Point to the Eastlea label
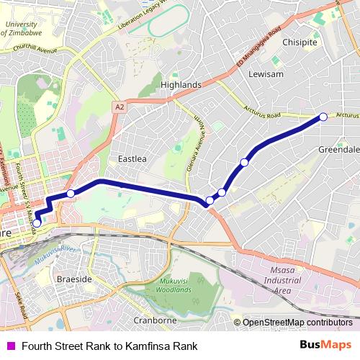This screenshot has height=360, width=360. [132, 158]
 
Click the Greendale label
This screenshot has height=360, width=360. [338, 149]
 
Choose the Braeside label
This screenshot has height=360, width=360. [73, 278]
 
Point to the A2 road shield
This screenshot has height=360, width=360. [120, 107]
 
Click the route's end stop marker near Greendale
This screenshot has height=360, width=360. [323, 117]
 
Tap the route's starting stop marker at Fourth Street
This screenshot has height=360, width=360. [37, 223]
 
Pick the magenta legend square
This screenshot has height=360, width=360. [10, 346]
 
